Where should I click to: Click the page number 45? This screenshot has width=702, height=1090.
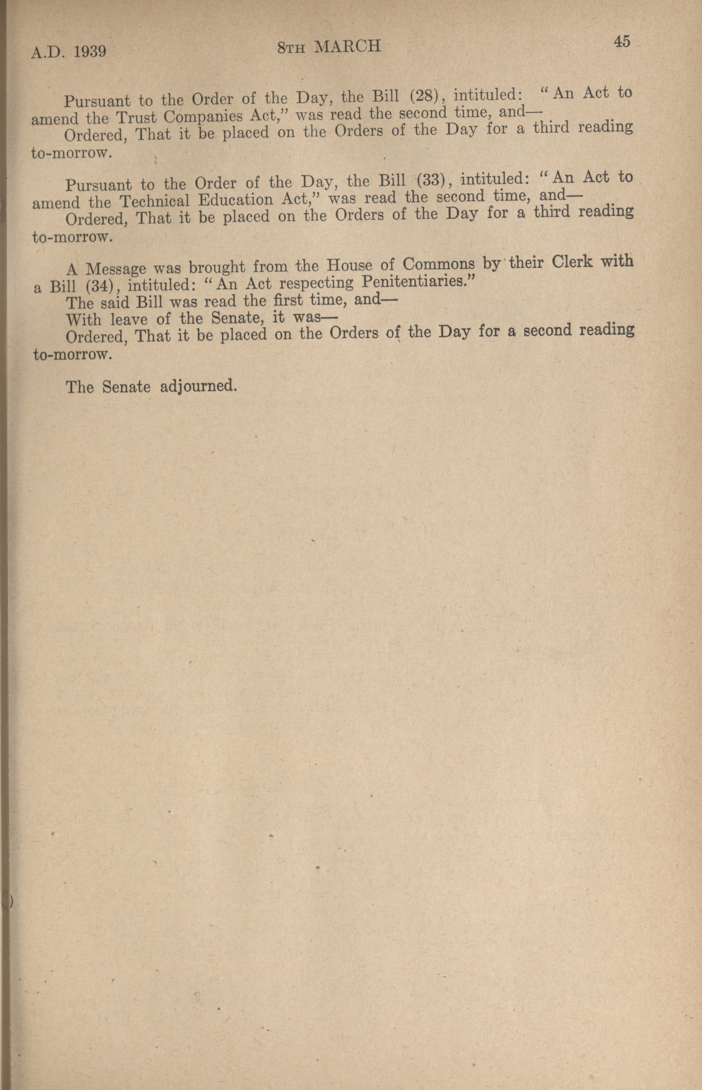click(x=622, y=42)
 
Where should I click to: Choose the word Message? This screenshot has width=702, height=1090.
click(x=115, y=269)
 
